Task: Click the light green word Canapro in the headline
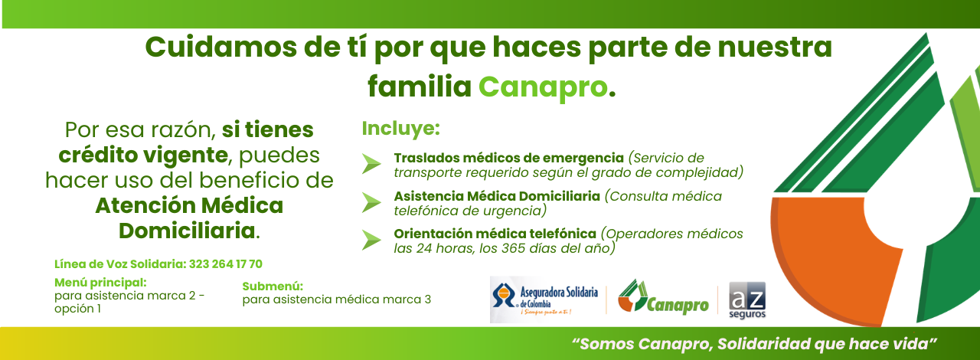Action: [543, 87]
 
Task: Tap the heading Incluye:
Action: [400, 129]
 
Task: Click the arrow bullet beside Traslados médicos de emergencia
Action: [371, 164]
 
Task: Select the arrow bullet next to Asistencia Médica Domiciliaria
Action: [371, 203]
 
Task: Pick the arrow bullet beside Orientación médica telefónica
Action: [371, 241]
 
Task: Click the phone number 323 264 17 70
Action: [226, 264]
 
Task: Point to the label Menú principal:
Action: [100, 283]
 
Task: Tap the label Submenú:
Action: [273, 286]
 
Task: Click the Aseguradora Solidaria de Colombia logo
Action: [544, 299]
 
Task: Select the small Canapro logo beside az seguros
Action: [663, 297]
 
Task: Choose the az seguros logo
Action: [747, 300]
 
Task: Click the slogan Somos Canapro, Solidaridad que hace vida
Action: [754, 344]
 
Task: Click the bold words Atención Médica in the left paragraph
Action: [189, 205]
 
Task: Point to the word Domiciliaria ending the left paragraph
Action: [187, 231]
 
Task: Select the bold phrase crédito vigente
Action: [143, 155]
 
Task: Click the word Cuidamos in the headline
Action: [221, 47]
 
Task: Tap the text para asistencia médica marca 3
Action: [337, 299]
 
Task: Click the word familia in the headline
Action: [420, 87]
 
